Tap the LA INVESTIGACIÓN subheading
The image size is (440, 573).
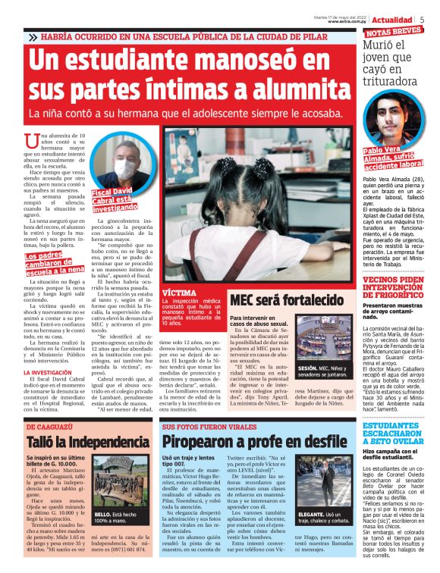(x=50, y=374)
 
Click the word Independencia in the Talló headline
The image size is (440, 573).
(x=108, y=442)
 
